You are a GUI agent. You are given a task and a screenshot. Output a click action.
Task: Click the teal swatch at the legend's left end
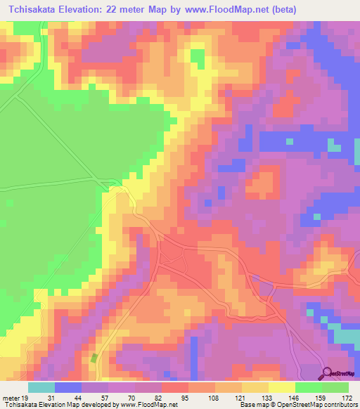(x=41, y=388)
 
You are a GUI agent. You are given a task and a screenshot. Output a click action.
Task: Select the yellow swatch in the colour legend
(x=281, y=388)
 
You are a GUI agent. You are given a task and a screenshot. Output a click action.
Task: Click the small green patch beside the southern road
(x=94, y=358)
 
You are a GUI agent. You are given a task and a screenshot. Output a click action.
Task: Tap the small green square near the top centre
(x=198, y=55)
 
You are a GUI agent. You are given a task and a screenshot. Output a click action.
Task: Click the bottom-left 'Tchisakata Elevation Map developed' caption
(x=56, y=405)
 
